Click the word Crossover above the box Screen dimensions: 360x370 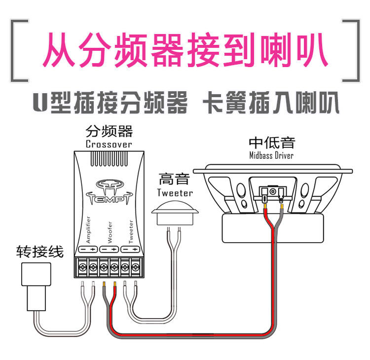tap(109, 144)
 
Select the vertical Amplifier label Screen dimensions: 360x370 tap(88, 229)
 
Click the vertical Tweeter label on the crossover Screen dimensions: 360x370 tap(131, 231)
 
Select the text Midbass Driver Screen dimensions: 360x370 tap(271, 156)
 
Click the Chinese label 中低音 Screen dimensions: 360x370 tap(271, 143)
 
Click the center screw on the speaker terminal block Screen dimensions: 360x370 tap(272, 190)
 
